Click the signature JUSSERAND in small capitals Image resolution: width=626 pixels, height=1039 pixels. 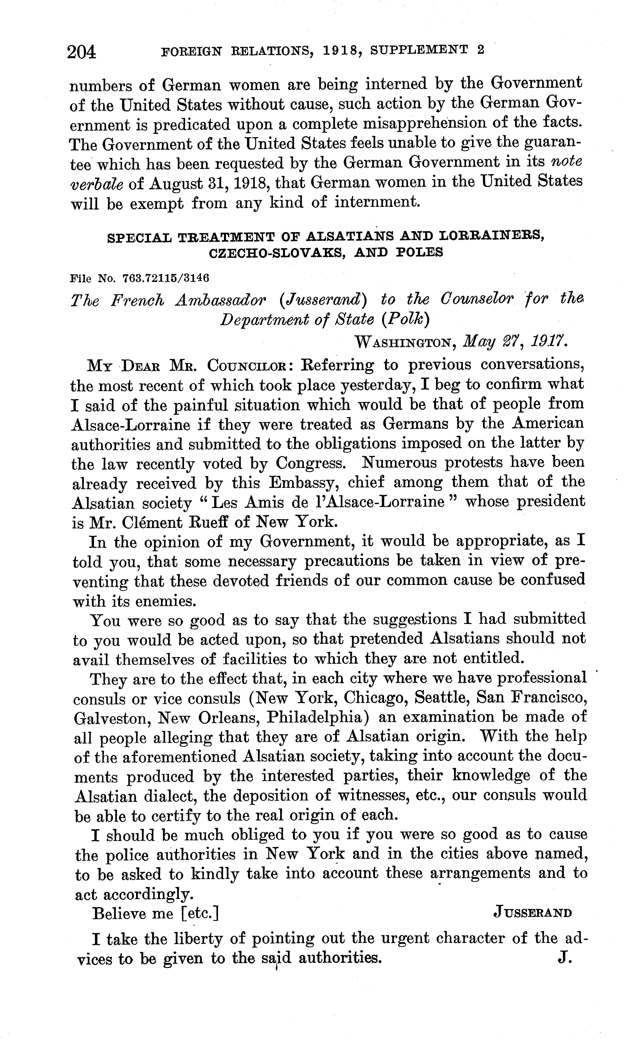[x=532, y=913]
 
